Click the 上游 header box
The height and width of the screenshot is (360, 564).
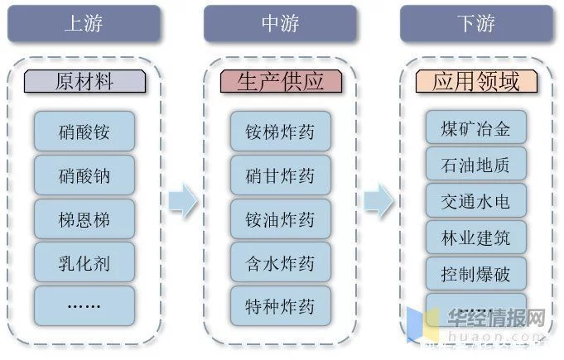point(84,24)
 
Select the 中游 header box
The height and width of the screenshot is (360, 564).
point(280,24)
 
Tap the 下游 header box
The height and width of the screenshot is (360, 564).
point(475,24)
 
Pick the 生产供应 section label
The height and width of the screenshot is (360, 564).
point(280,82)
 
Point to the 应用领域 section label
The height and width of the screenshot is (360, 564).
point(475,82)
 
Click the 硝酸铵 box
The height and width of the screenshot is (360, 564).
point(84,132)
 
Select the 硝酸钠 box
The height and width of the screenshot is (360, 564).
point(84,175)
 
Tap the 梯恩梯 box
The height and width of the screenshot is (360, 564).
point(84,220)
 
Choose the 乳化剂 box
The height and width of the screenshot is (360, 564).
point(84,264)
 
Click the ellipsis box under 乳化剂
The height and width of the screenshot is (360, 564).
point(84,305)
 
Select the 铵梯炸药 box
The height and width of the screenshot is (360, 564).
point(280,132)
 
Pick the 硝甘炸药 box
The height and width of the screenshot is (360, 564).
point(280,175)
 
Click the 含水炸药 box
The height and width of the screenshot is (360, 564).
point(280,264)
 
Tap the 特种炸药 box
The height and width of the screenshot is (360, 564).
point(280,305)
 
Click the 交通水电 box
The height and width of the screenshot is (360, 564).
point(476,201)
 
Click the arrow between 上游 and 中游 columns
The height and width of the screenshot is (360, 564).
point(183,199)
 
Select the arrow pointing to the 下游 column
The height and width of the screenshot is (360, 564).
point(378,199)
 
